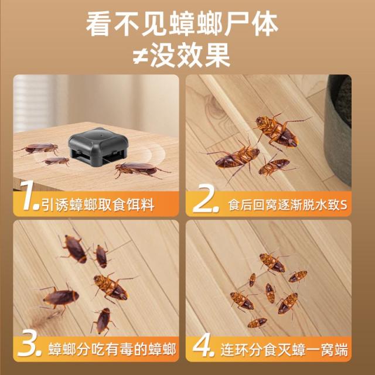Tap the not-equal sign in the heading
pyautogui.click(x=140, y=56)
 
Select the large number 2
pyautogui.click(x=206, y=199)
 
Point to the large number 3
pyautogui.click(x=29, y=345)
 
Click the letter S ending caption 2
pyautogui.click(x=343, y=205)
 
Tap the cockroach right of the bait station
pyautogui.click(x=142, y=169)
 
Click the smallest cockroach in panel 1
pyautogui.click(x=56, y=161)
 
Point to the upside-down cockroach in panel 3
pyautogui.click(x=112, y=288)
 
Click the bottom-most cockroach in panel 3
pyautogui.click(x=103, y=321)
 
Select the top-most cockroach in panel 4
pyautogui.click(x=272, y=263)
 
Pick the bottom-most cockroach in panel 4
pyautogui.click(x=257, y=323)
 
